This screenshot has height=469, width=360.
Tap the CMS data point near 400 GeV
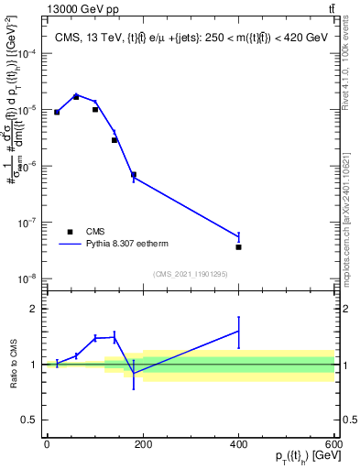pos(238,247)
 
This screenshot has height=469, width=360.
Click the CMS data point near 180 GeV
pos(133,174)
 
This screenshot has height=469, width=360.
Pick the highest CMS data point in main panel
pos(76,96)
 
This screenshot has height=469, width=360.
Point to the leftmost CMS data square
pos(57,112)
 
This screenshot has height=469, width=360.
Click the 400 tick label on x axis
pos(238,444)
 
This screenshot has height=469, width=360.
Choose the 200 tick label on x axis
pos(142,444)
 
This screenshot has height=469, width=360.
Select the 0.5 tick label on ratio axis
pos(30,421)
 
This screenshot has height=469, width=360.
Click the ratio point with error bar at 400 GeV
pos(238,332)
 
